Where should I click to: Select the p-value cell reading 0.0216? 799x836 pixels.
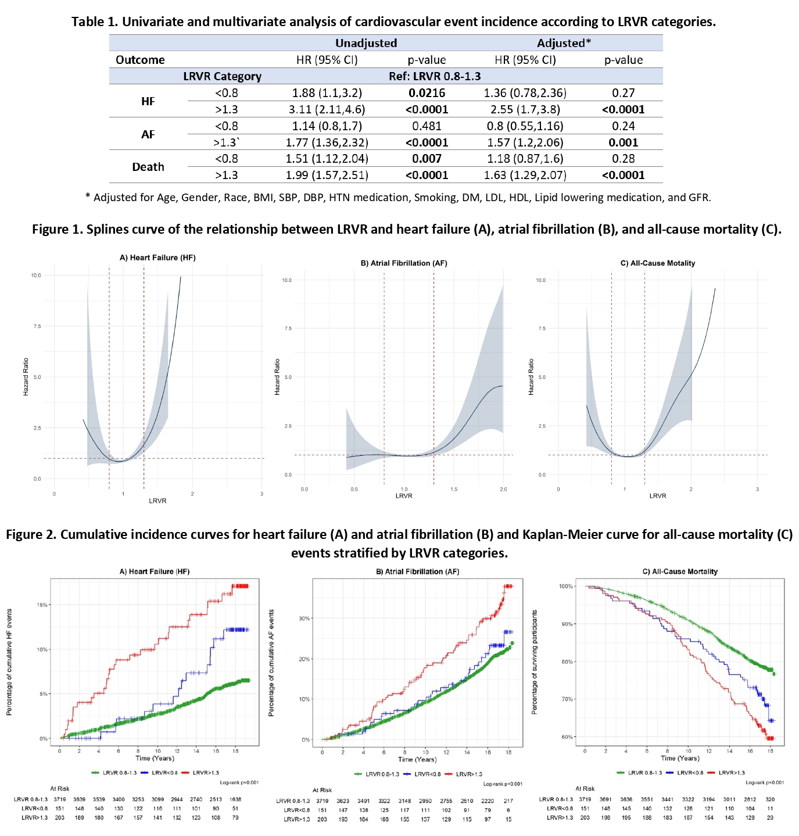(427, 93)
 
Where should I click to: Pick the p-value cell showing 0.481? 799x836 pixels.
(427, 126)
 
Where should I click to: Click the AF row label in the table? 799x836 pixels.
(148, 134)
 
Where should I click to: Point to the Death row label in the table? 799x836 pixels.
(148, 167)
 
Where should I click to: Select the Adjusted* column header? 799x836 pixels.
(564, 43)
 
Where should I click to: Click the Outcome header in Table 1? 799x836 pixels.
(140, 60)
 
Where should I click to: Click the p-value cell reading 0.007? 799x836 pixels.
(427, 159)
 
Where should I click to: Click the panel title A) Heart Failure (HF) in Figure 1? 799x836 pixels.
(157, 258)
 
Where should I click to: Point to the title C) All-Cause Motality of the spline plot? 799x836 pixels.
(658, 263)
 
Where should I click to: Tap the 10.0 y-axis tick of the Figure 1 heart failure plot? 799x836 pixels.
(36, 276)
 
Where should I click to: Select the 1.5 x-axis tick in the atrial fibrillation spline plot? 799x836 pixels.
(454, 489)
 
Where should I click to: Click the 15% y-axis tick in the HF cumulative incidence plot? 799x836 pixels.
(42, 605)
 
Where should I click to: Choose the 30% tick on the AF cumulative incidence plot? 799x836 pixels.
(304, 619)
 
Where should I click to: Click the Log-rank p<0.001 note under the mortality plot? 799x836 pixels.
(765, 783)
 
